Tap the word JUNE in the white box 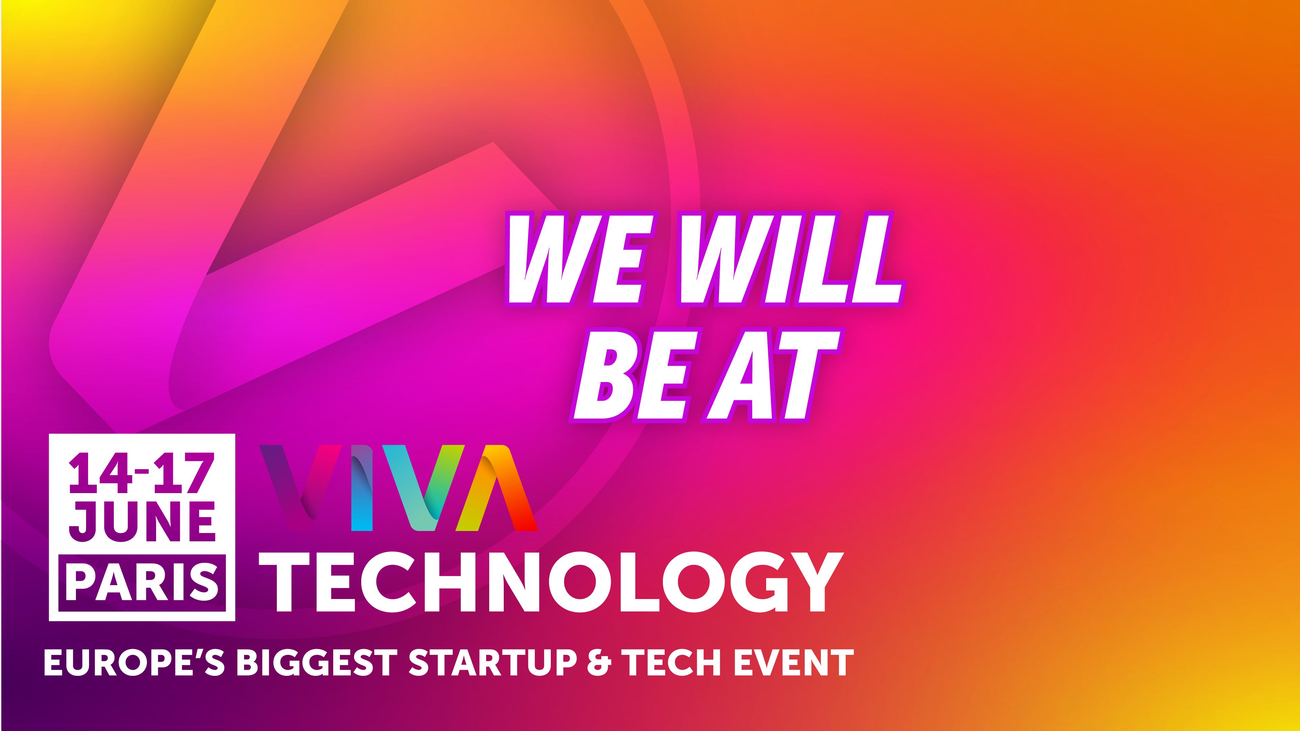coord(142,521)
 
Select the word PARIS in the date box coord(142,583)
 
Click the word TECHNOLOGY coord(551,582)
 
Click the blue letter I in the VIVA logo coord(362,487)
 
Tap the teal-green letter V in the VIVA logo coord(423,487)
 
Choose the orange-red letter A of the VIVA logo coord(497,487)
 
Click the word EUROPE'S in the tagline coord(134,662)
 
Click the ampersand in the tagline coord(599,662)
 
